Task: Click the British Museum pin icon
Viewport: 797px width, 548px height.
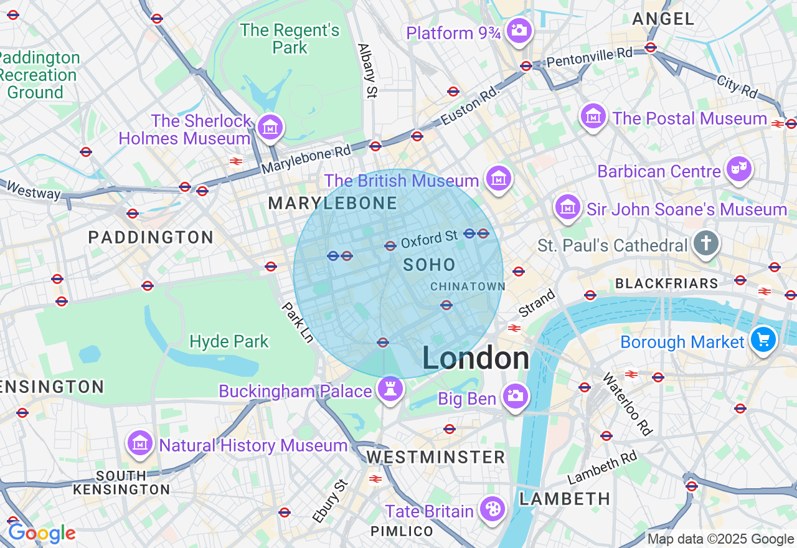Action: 499,178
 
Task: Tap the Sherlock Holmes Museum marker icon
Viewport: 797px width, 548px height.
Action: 270,128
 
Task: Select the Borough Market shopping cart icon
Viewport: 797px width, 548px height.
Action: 763,340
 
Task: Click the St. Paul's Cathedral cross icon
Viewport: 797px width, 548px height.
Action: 705,244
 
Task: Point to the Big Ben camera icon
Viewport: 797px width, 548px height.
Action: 515,396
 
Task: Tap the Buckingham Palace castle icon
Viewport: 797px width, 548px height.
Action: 390,390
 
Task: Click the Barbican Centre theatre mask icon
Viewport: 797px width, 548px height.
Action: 738,169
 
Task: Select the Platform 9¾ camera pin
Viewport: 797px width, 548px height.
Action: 519,31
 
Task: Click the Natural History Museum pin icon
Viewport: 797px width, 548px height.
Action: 141,443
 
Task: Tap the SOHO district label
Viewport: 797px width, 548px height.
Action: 429,265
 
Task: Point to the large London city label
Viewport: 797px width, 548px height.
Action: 476,359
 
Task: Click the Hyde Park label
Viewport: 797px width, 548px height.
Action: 229,341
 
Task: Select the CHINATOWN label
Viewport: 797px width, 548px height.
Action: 468,286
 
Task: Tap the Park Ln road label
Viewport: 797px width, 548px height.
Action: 298,322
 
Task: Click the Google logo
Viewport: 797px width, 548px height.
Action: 42,533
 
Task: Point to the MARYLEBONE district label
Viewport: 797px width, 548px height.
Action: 332,204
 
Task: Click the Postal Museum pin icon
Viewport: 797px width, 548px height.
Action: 593,116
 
